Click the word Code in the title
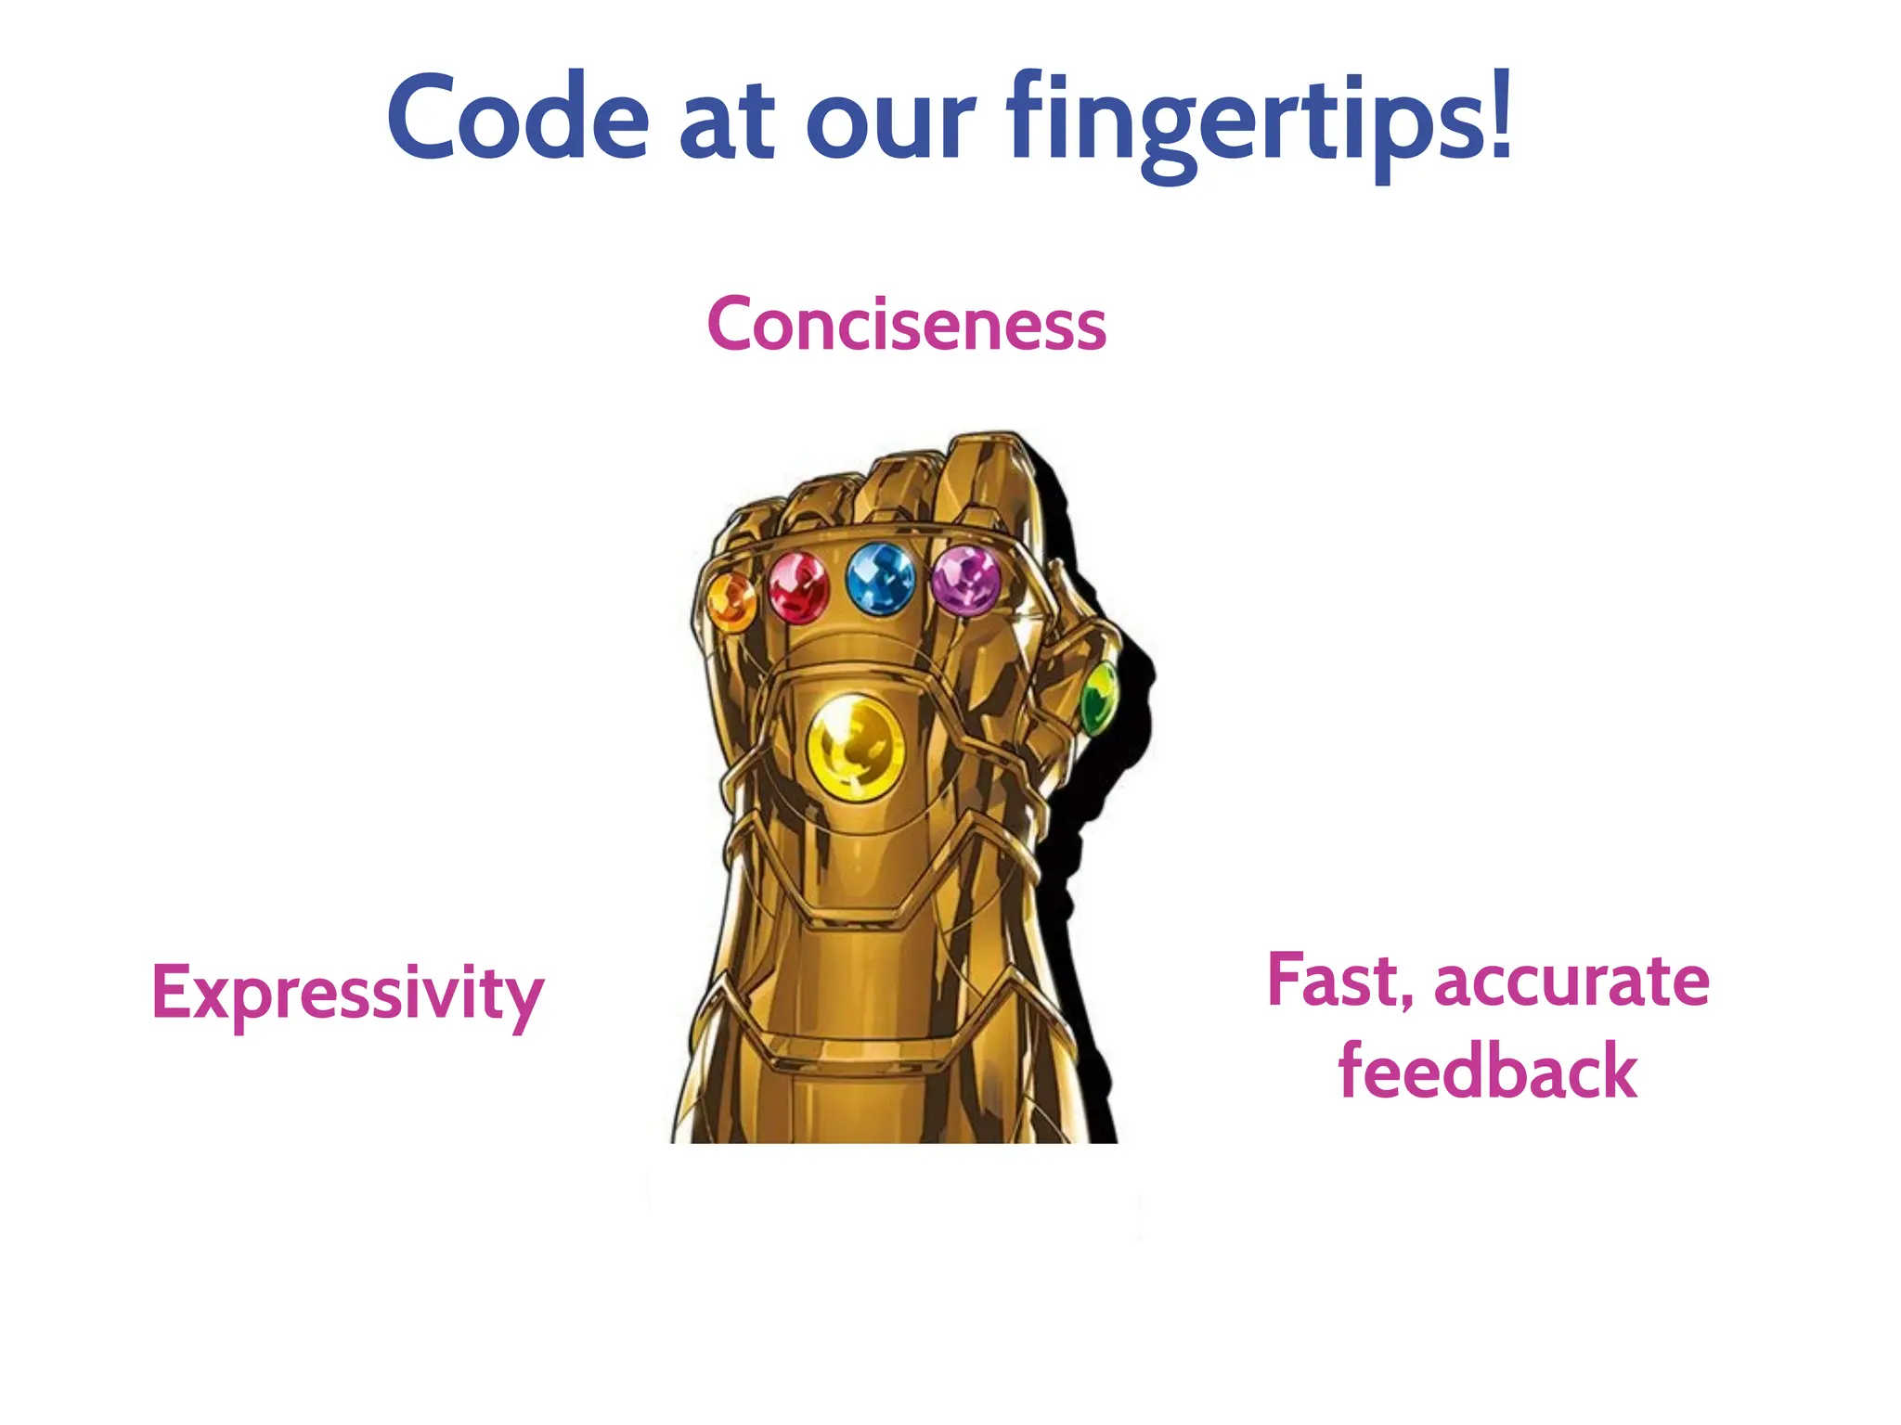(x=517, y=118)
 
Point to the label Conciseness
(x=906, y=325)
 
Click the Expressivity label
(x=347, y=994)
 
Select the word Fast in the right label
(x=1331, y=981)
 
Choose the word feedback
(x=1487, y=1072)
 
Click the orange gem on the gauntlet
(x=731, y=601)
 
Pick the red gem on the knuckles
(x=797, y=587)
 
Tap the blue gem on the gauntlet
(x=880, y=579)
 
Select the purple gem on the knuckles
(x=965, y=581)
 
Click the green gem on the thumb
(x=1100, y=697)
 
